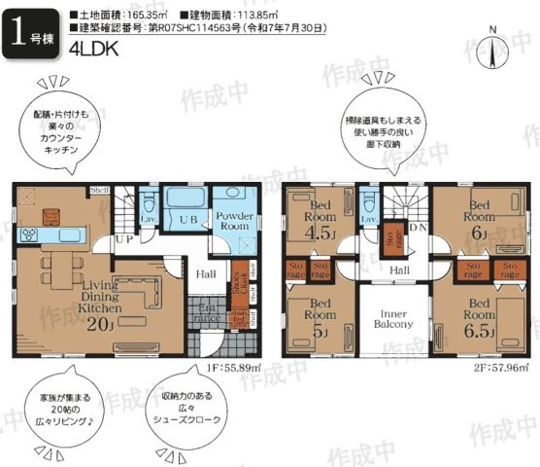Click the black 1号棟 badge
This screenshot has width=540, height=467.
tap(34, 33)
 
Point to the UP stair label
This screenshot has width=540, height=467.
tap(124, 237)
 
